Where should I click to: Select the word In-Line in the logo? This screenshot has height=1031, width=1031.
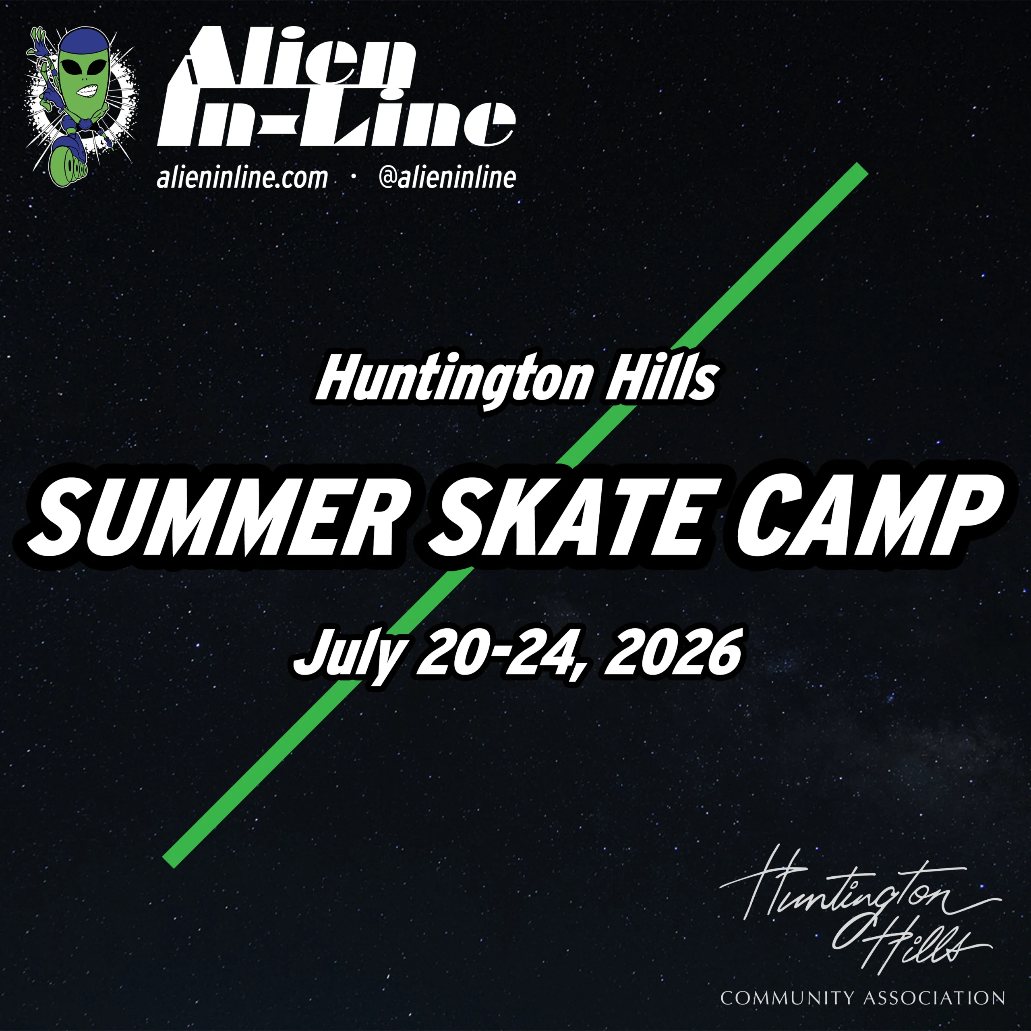pos(336,120)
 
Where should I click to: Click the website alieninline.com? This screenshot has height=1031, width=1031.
pos(242,178)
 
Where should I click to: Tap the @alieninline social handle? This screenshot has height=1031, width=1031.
pos(447,178)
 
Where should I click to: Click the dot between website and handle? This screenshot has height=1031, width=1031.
pos(353,178)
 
